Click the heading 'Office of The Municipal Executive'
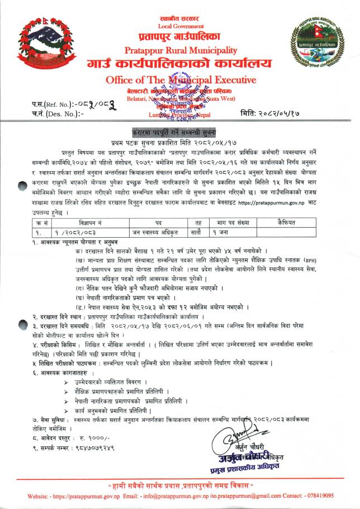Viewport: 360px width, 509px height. (181, 80)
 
